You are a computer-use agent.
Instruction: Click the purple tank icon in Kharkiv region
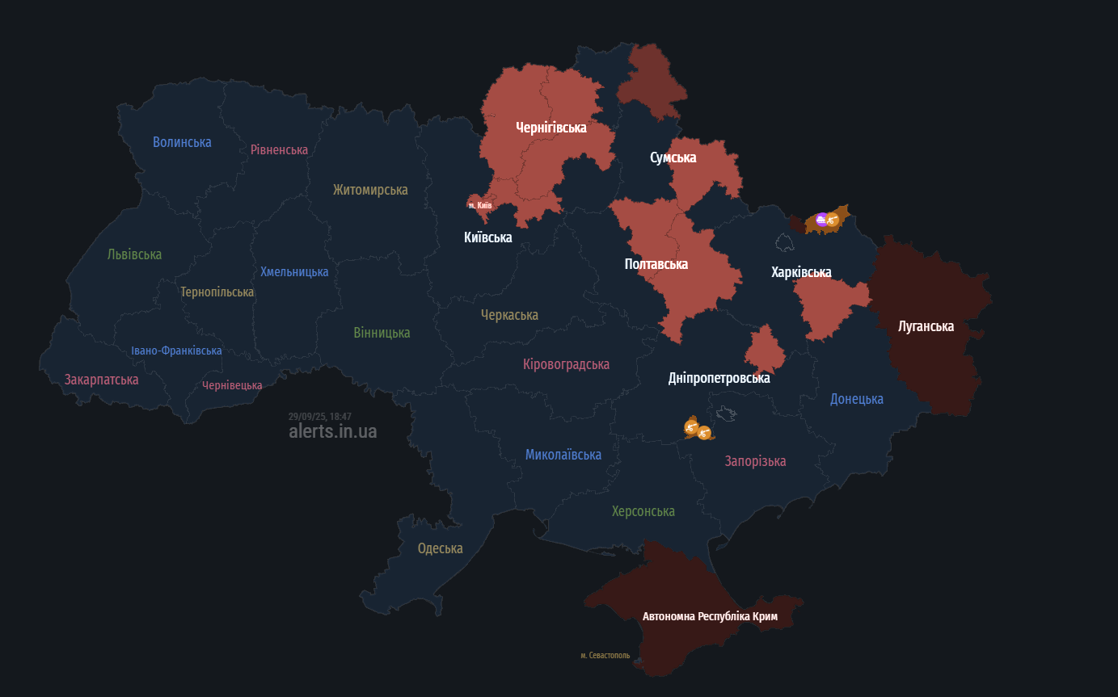(821, 219)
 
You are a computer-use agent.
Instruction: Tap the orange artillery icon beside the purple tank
(832, 219)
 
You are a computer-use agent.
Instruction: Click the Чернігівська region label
(551, 127)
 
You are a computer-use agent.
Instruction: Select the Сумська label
(673, 157)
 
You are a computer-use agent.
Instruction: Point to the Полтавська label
(656, 264)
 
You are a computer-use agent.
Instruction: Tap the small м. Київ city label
(480, 205)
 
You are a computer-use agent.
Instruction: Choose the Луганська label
(926, 326)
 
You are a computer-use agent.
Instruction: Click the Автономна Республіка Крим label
(710, 616)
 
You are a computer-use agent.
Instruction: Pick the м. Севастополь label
(605, 655)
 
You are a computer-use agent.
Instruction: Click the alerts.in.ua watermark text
(332, 431)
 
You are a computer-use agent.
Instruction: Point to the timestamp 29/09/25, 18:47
(319, 416)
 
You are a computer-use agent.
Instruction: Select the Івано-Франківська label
(176, 351)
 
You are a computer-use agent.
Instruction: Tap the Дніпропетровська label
(719, 377)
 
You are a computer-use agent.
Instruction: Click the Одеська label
(440, 548)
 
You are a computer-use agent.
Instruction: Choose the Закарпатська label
(101, 379)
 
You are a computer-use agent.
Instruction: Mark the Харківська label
(800, 272)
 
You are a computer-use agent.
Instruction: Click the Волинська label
(182, 142)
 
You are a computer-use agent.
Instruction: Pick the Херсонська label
(643, 511)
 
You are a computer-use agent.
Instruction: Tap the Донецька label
(856, 398)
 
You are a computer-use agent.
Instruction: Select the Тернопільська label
(217, 292)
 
